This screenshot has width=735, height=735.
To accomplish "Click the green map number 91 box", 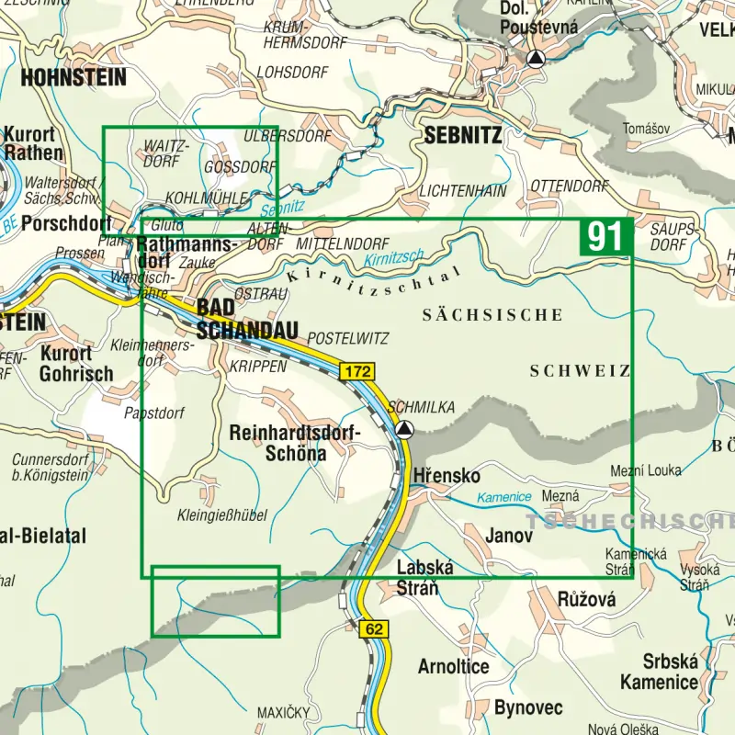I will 605,237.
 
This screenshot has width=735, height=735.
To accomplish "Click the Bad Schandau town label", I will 247,318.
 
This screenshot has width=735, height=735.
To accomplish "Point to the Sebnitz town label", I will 463,136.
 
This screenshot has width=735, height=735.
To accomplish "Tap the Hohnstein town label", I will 73,77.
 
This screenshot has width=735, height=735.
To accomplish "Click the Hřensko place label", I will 447,476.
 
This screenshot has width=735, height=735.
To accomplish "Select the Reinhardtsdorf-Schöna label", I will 295,442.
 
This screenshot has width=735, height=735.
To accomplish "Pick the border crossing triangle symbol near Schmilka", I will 405,429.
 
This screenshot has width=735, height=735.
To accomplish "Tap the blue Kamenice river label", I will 504,497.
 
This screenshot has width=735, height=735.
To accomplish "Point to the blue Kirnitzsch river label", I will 392,258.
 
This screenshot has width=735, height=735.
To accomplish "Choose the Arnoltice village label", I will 453,666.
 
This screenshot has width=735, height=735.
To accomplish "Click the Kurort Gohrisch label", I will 76,364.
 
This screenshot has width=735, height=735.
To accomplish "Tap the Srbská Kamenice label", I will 658,672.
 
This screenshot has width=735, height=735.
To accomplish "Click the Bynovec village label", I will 528,707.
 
